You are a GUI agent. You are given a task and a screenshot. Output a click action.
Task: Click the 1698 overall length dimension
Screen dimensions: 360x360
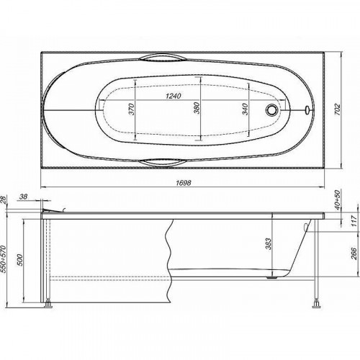coord(184,183)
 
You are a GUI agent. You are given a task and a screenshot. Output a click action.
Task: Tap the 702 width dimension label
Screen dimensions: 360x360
coord(338,109)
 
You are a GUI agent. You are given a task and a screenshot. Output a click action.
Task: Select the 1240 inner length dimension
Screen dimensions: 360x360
coord(174,96)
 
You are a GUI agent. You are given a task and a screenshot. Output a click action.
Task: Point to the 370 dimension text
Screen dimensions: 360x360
coord(131,109)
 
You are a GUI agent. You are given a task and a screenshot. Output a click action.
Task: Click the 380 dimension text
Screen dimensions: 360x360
coord(197,108)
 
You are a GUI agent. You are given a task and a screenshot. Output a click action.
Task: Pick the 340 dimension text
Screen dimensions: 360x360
coord(245,109)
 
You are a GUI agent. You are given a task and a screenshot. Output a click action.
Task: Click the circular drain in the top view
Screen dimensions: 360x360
coord(272,110)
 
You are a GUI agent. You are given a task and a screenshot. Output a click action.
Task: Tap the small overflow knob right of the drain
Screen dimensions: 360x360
coord(307,109)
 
